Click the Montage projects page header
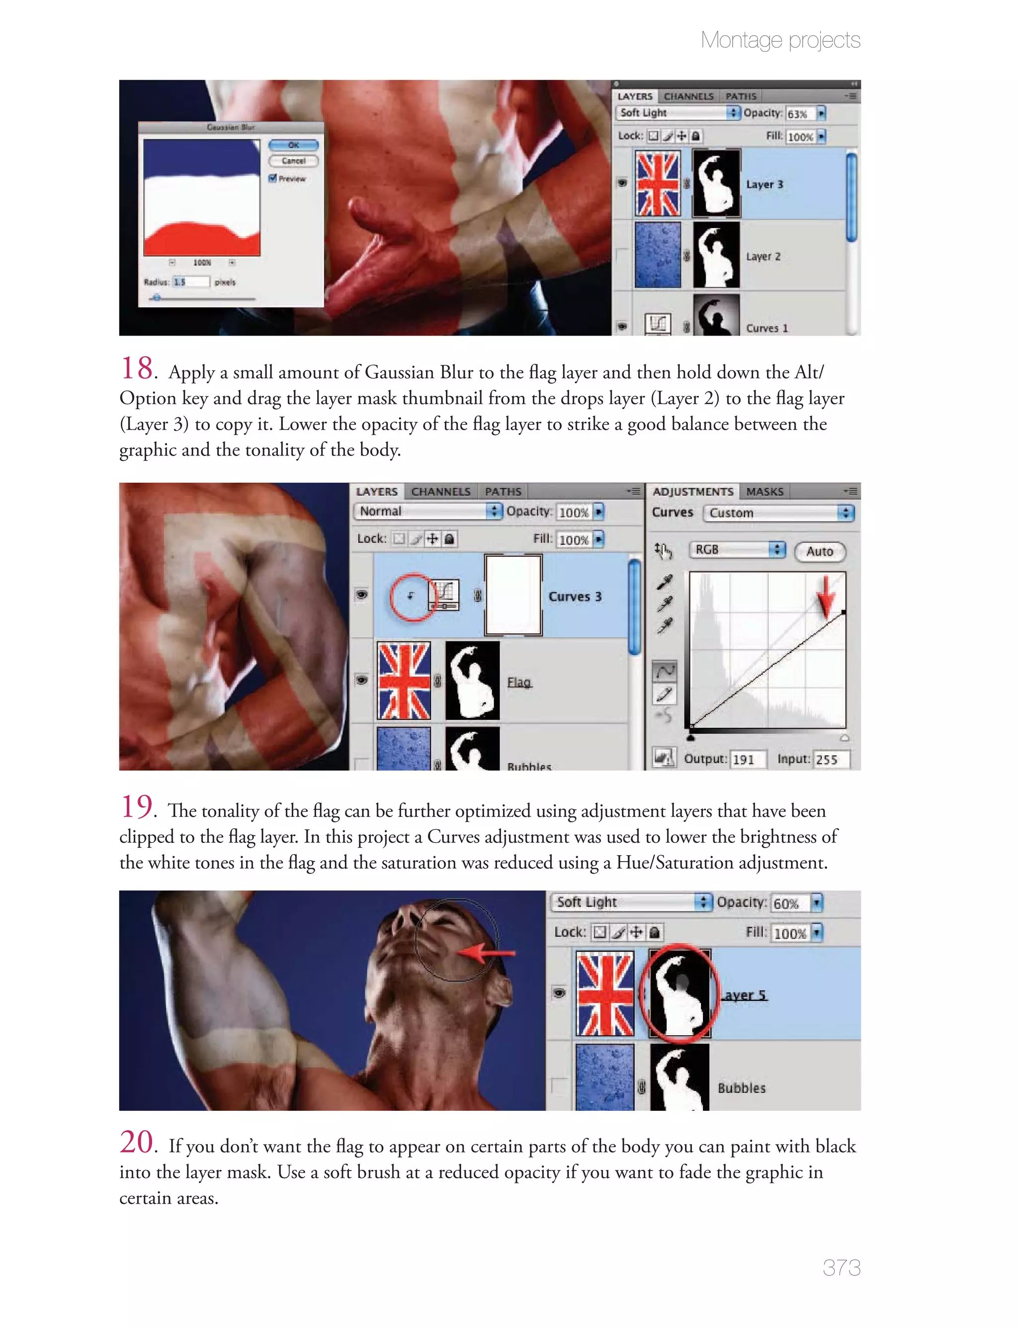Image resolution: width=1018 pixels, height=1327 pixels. [x=780, y=40]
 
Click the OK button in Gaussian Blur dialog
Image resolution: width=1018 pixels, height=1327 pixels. [x=293, y=145]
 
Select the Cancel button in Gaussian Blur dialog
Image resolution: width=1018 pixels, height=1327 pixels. [x=293, y=161]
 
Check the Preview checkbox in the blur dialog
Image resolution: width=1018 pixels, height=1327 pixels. [x=273, y=178]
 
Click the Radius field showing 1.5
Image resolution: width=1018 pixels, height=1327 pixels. [x=190, y=282]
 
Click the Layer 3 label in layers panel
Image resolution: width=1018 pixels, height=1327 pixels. [x=764, y=184]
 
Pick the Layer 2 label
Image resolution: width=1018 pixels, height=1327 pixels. [x=763, y=257]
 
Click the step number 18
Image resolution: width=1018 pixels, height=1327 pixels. [x=137, y=368]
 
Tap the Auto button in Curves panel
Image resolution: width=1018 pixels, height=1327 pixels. [x=819, y=551]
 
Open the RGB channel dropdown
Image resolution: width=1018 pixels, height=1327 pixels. [x=737, y=549]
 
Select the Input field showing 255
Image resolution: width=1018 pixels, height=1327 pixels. [x=830, y=759]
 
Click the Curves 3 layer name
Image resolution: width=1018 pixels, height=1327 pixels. [x=575, y=596]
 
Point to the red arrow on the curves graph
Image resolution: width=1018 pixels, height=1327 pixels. [x=825, y=597]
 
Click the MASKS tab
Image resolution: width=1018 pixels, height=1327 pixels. [x=764, y=491]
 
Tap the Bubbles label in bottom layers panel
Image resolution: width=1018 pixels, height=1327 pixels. [x=741, y=1088]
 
